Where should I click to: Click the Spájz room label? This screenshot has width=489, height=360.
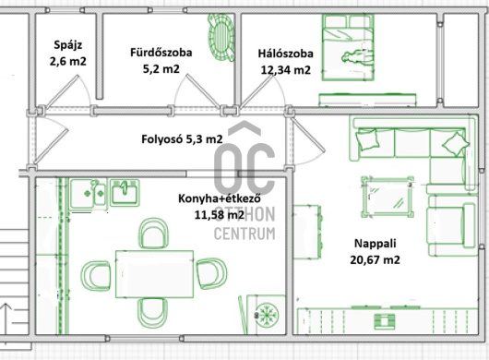pyautogui.click(x=68, y=45)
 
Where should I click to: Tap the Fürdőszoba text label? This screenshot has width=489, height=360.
pyautogui.click(x=161, y=52)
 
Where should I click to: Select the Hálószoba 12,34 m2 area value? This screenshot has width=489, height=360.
pyautogui.click(x=286, y=69)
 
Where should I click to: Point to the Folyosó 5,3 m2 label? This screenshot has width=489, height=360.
pyautogui.click(x=182, y=138)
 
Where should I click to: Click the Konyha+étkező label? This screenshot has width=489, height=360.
pyautogui.click(x=220, y=198)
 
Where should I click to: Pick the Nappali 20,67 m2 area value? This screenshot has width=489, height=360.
pyautogui.click(x=375, y=259)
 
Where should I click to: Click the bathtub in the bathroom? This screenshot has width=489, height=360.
pyautogui.click(x=221, y=38)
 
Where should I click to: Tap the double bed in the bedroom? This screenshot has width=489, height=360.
pyautogui.click(x=348, y=47)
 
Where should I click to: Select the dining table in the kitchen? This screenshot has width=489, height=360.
pyautogui.click(x=155, y=274)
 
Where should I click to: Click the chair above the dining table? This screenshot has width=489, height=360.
pyautogui.click(x=153, y=234)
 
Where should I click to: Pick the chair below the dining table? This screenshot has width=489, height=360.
pyautogui.click(x=153, y=313)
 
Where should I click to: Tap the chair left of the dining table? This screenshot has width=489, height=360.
pyautogui.click(x=96, y=276)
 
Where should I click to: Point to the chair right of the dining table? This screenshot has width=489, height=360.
pyautogui.click(x=212, y=273)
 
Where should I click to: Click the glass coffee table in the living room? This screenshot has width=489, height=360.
pyautogui.click(x=388, y=197)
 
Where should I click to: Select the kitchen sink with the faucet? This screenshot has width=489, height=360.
pyautogui.click(x=125, y=192)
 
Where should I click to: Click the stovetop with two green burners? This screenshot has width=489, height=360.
pyautogui.click(x=89, y=195)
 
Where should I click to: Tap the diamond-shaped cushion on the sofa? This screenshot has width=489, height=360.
pyautogui.click(x=456, y=144)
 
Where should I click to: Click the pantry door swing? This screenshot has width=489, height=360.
pyautogui.click(x=72, y=90)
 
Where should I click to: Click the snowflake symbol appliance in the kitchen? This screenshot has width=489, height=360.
pyautogui.click(x=267, y=315)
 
